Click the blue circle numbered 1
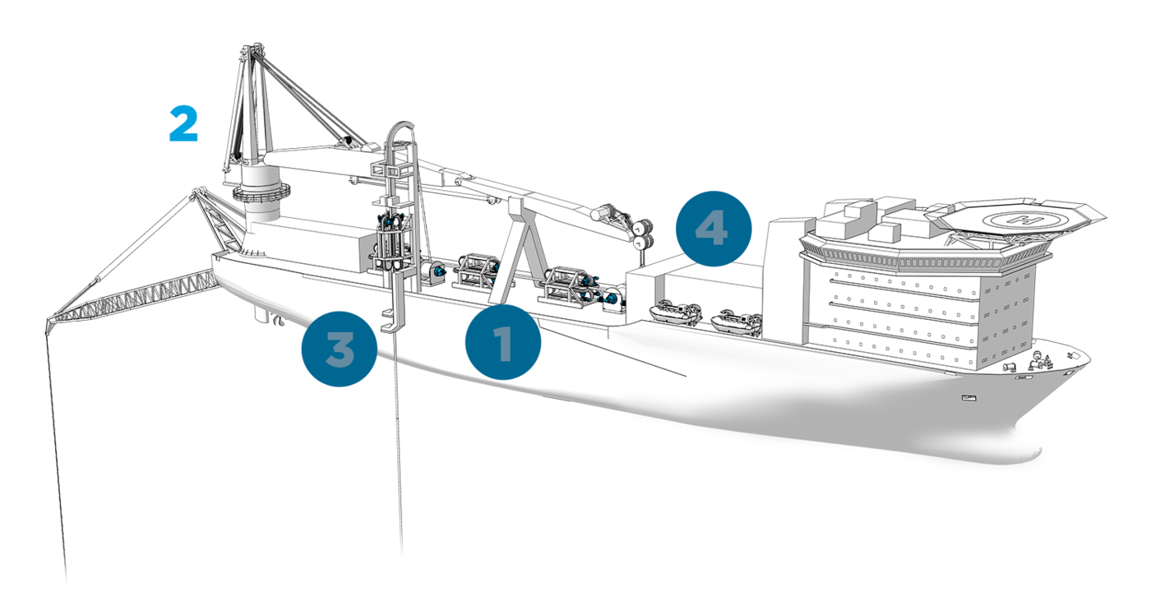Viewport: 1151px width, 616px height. click(x=503, y=342)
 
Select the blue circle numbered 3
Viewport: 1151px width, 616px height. click(x=339, y=349)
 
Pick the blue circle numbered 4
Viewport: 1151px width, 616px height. click(x=714, y=229)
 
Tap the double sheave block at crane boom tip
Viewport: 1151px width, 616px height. click(x=642, y=234)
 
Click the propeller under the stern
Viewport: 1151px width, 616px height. click(x=278, y=321)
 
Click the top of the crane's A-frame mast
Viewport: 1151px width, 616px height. click(x=252, y=52)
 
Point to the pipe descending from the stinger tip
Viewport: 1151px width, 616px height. click(x=56, y=457)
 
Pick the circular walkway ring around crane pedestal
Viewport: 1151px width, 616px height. click(x=261, y=192)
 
